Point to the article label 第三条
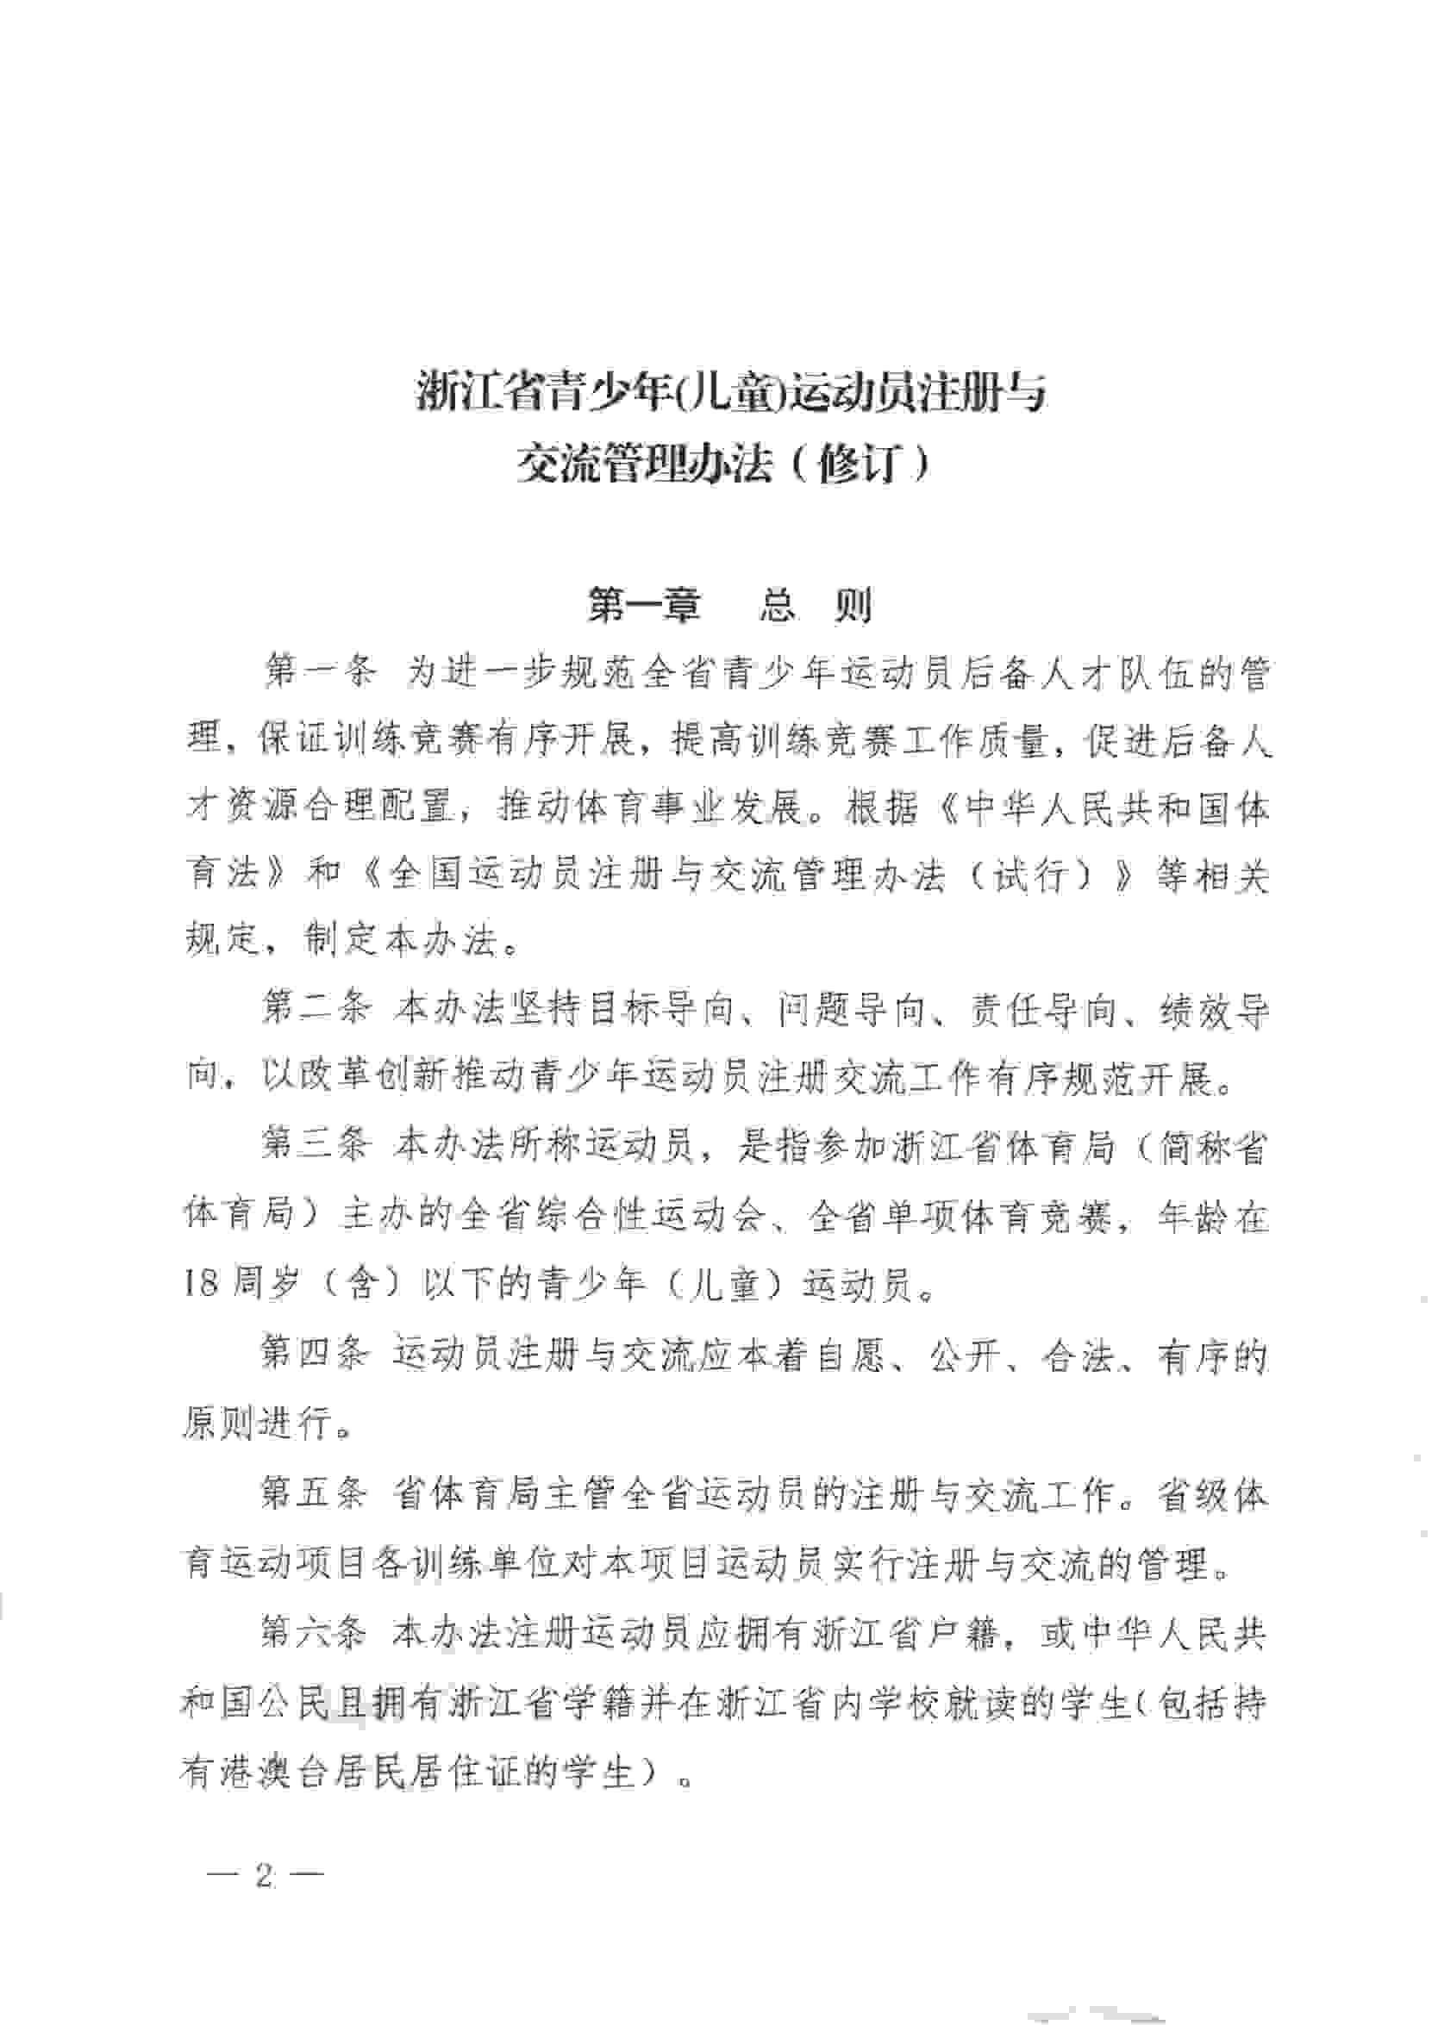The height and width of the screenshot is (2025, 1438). coord(315,1148)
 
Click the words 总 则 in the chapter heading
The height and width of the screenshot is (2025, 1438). coord(816,606)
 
